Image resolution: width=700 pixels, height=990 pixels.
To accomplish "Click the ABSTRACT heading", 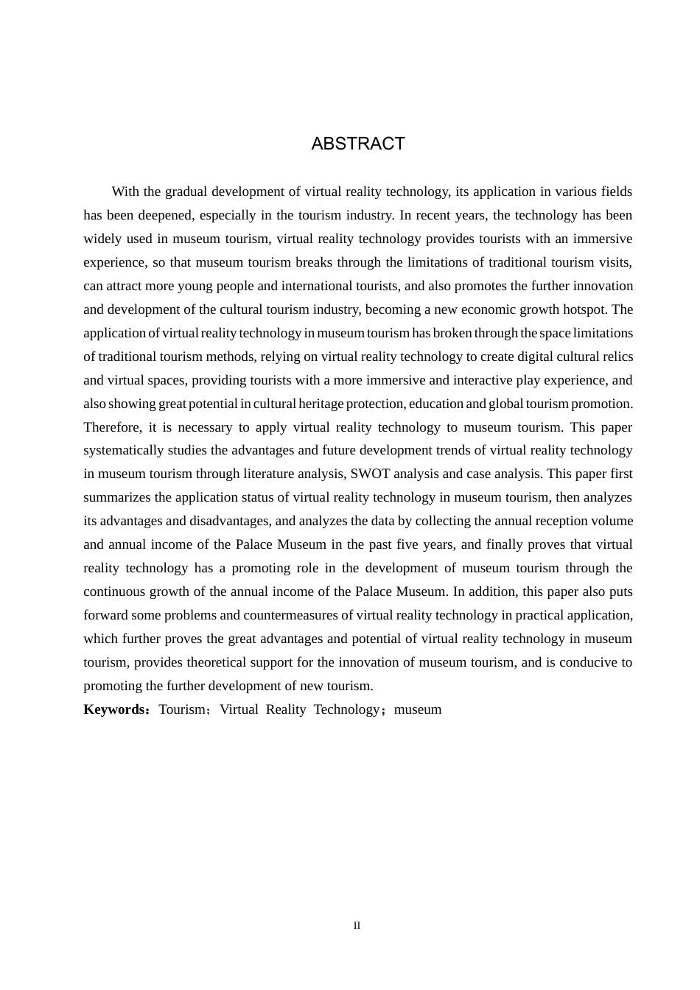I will click(358, 144).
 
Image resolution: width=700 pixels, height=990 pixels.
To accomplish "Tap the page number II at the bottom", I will click(357, 926).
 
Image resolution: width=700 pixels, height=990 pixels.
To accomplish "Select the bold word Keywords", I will click(115, 709).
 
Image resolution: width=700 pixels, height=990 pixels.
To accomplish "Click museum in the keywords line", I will click(418, 709).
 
